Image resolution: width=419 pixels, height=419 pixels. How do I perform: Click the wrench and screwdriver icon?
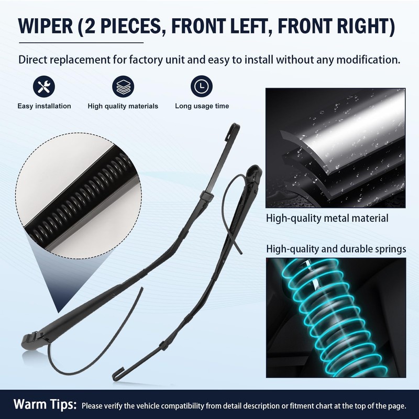[x=44, y=86]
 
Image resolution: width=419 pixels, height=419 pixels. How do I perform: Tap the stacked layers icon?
[x=123, y=86]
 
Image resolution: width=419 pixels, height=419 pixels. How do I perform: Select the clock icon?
[x=202, y=86]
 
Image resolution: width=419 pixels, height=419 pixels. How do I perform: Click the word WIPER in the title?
[x=46, y=26]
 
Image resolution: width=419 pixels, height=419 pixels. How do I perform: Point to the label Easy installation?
[x=45, y=106]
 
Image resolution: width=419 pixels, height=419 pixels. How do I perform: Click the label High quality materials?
[x=123, y=106]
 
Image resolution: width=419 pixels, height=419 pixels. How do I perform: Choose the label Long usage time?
[x=202, y=106]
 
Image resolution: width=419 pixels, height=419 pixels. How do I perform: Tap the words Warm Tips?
[x=45, y=404]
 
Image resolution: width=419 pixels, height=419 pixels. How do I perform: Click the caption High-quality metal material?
[x=327, y=218]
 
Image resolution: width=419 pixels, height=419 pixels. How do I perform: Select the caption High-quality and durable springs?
[x=336, y=249]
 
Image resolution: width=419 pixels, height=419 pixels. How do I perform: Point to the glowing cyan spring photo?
[x=336, y=318]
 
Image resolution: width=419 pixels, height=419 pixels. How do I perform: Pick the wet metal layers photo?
[x=335, y=148]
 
